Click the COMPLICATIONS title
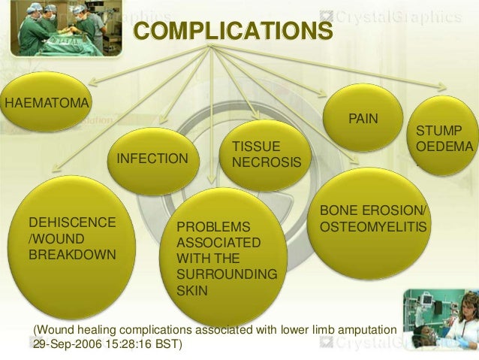coord(232,32)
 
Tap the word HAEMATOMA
coord(47,102)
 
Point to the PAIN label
coord(363,119)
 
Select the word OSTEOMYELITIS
coord(373,225)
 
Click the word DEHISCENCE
coord(72,222)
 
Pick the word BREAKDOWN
coord(72,254)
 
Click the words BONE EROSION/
coord(372,210)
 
